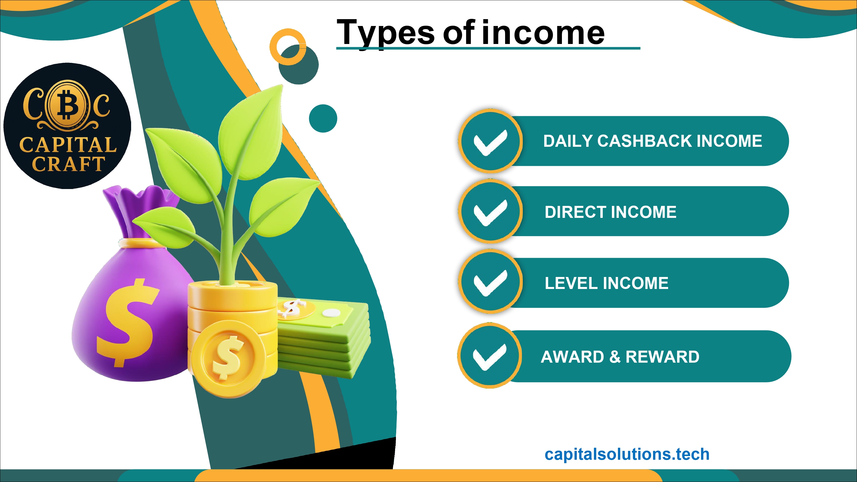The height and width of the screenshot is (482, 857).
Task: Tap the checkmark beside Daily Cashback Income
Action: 490,142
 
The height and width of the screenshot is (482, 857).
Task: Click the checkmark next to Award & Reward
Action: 490,357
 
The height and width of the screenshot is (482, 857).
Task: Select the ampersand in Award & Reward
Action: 615,357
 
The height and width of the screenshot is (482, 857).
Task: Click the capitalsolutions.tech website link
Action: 627,454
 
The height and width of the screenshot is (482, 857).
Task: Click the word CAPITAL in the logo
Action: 68,145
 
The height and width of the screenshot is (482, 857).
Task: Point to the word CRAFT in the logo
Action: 69,164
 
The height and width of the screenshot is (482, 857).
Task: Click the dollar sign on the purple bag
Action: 128,322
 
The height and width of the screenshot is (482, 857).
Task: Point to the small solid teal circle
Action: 323,119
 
